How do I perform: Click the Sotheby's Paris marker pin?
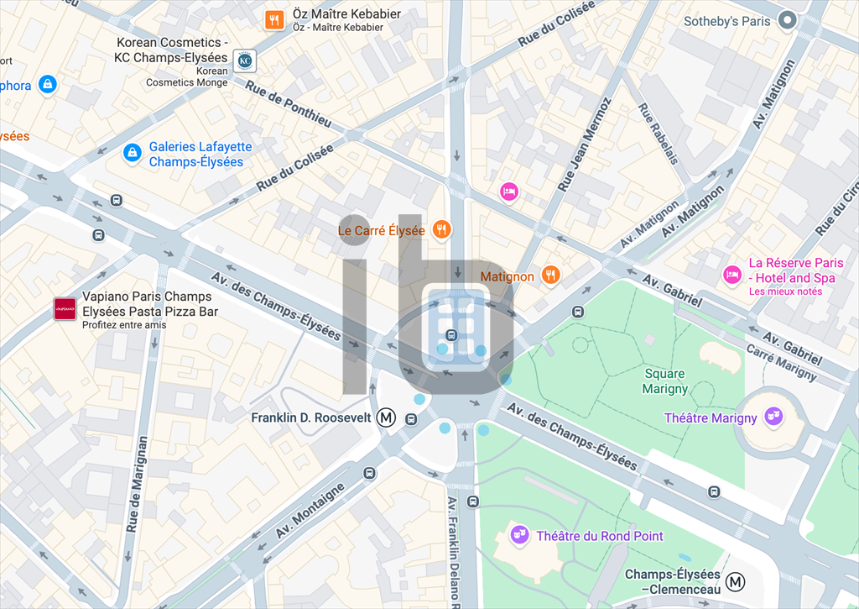[x=787, y=20]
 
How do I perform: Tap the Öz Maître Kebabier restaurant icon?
[x=273, y=19]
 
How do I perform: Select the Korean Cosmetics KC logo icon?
[x=245, y=60]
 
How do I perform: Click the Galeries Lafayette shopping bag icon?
[x=132, y=153]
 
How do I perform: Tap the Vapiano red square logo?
[x=65, y=309]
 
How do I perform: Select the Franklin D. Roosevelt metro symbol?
[x=386, y=417]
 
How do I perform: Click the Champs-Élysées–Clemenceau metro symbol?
[x=736, y=581]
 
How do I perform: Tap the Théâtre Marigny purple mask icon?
[x=774, y=417]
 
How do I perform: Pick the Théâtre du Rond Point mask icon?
[x=519, y=534]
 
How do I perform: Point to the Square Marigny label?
[x=664, y=381]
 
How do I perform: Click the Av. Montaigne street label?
[x=310, y=511]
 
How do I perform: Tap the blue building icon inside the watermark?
[x=456, y=328]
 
